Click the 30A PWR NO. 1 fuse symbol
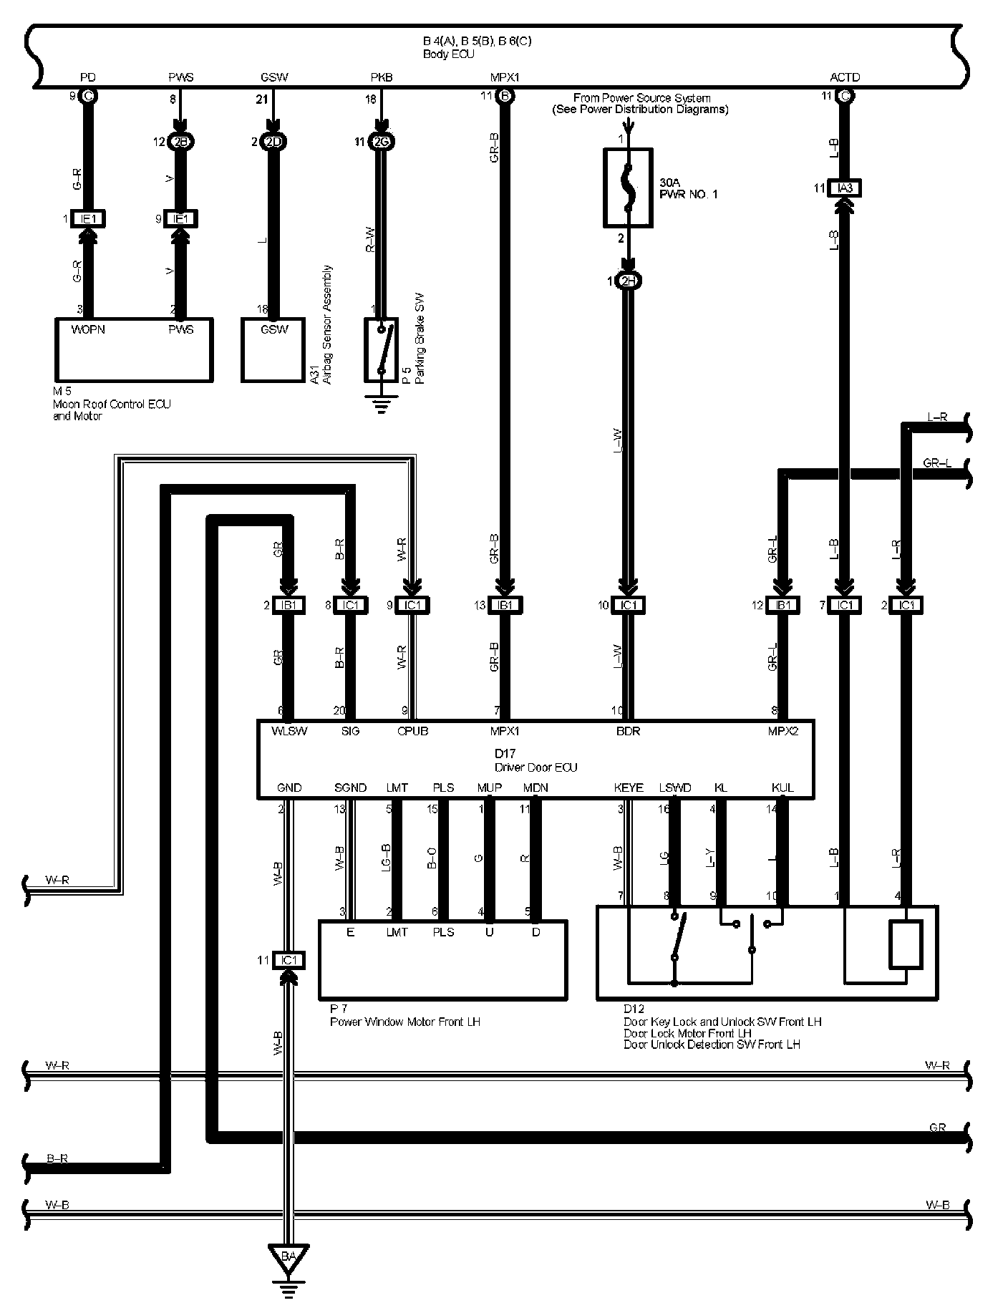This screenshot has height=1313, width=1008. (628, 187)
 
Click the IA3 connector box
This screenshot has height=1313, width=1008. (845, 188)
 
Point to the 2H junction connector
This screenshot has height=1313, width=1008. (628, 282)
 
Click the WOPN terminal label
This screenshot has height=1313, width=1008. (88, 329)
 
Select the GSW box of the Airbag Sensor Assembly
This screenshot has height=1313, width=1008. (273, 350)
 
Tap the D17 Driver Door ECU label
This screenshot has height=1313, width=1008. (535, 760)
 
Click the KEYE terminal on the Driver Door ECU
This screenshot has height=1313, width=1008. (629, 788)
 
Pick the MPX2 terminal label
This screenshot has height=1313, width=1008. (782, 731)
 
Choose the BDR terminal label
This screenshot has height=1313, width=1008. (628, 731)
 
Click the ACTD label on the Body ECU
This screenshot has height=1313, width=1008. (845, 77)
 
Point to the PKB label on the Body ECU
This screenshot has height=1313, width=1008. (382, 77)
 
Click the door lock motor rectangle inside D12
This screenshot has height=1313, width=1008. (905, 944)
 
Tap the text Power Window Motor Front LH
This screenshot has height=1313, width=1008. (405, 1022)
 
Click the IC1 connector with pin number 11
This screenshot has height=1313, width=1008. (289, 960)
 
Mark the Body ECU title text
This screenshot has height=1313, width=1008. (448, 54)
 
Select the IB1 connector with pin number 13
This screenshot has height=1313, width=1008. (505, 605)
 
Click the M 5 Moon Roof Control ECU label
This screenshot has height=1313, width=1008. (111, 404)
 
